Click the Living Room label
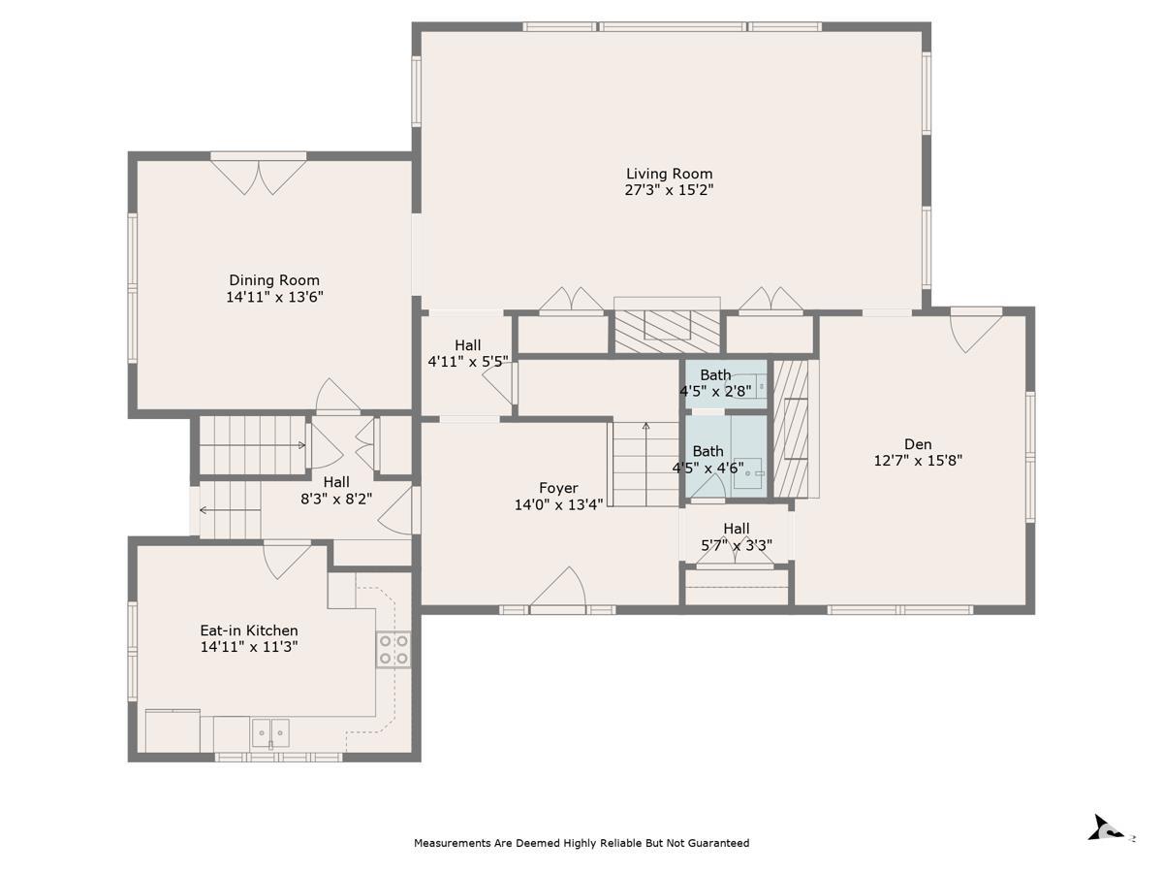pyautogui.click(x=669, y=174)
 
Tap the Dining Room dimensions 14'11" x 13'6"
pyautogui.click(x=274, y=297)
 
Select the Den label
pyautogui.click(x=918, y=444)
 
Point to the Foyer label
pyautogui.click(x=558, y=488)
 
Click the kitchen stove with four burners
pyautogui.click(x=393, y=649)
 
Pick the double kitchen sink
pyautogui.click(x=270, y=733)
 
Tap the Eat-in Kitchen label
pyautogui.click(x=249, y=630)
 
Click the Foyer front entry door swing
pyautogui.click(x=558, y=587)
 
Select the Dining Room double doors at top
pyautogui.click(x=259, y=178)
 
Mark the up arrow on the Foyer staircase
pyautogui.click(x=645, y=465)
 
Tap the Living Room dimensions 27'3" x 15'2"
pyautogui.click(x=669, y=190)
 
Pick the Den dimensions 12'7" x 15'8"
pyautogui.click(x=918, y=460)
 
